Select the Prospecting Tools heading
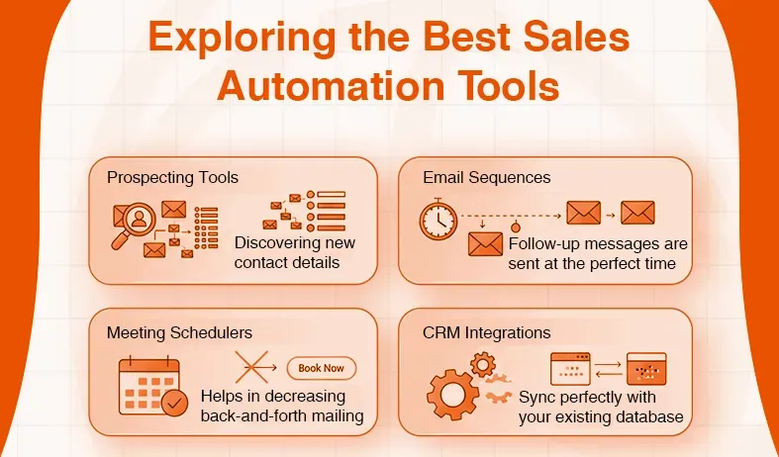coord(172,178)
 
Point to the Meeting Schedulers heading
coord(179,332)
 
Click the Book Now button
coord(321,368)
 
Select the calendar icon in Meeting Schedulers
coord(148,386)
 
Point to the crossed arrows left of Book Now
coord(255,368)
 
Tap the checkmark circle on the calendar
coord(174,404)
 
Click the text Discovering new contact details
coord(295,252)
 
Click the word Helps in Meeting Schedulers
coord(224,397)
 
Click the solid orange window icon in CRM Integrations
coord(646,369)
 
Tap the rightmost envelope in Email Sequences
coord(637,212)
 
